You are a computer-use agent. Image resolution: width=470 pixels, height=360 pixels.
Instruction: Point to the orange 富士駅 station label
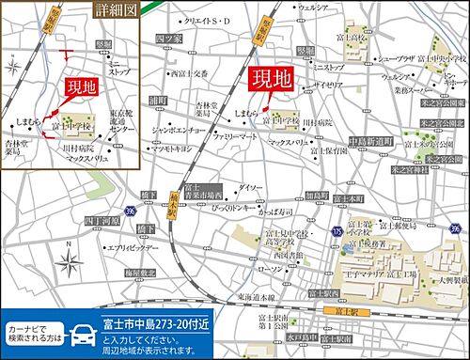[x=337, y=307]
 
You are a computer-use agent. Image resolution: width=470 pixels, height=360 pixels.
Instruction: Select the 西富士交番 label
[x=187, y=72]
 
